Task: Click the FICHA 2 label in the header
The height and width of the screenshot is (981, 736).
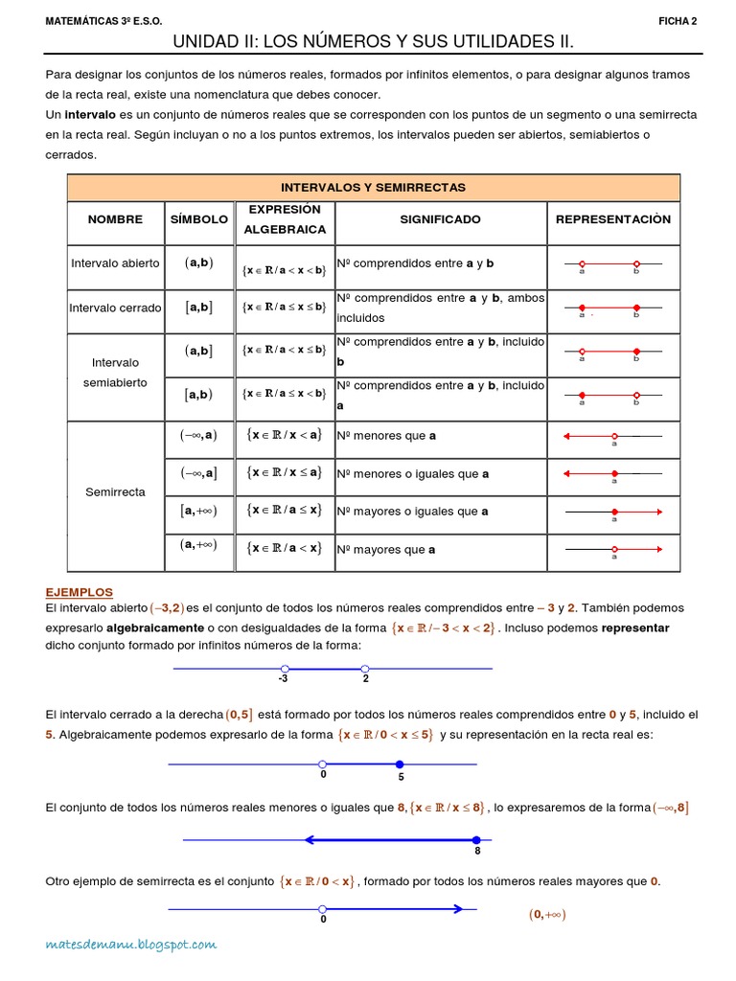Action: (x=678, y=21)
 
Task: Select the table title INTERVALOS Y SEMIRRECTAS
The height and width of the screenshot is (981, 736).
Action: (x=373, y=188)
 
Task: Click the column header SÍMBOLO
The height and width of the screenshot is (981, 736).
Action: (x=199, y=219)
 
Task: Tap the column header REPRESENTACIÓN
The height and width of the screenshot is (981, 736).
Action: (x=613, y=219)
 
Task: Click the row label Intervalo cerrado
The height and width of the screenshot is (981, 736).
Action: (x=115, y=308)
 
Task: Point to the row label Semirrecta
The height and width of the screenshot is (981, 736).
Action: (x=115, y=491)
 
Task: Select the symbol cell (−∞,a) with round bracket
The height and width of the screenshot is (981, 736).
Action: (x=199, y=435)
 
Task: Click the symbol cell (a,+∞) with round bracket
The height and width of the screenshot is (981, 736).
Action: (x=199, y=545)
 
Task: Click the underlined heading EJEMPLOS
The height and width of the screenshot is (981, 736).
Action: (x=80, y=593)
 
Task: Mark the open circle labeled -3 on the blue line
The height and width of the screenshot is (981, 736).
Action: (x=285, y=669)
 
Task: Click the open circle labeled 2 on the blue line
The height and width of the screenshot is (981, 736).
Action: (x=365, y=669)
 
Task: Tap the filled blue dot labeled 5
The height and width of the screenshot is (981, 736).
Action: (x=400, y=764)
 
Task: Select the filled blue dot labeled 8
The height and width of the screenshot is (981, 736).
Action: (x=476, y=840)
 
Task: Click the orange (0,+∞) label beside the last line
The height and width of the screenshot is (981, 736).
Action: (x=547, y=914)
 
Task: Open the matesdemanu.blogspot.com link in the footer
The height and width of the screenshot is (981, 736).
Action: (x=131, y=946)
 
